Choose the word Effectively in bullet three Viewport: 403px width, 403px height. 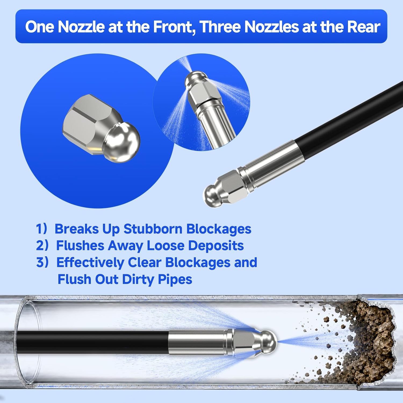[90, 262]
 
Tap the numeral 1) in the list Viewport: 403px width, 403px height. [41, 229]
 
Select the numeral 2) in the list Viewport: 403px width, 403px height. [42, 246]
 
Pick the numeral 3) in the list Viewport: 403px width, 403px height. [42, 262]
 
